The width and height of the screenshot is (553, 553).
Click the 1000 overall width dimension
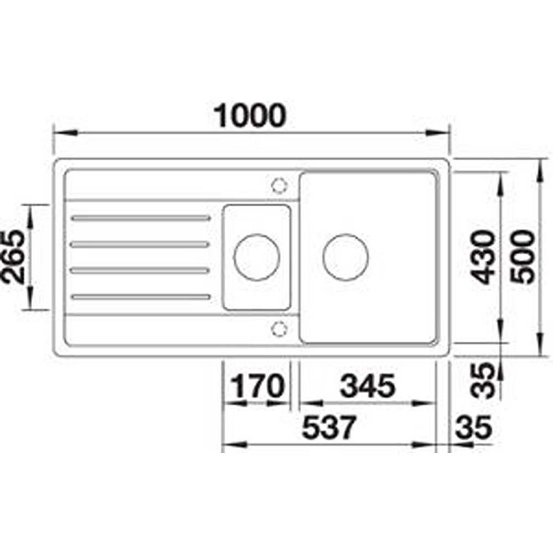click(250, 116)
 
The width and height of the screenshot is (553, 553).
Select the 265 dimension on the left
click(13, 257)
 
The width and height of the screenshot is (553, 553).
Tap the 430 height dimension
click(484, 257)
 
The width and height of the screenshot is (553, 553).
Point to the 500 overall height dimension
click(523, 257)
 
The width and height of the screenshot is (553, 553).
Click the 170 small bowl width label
click(258, 386)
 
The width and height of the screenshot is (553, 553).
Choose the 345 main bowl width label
click(367, 386)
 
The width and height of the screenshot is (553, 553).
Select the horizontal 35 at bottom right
click(473, 427)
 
